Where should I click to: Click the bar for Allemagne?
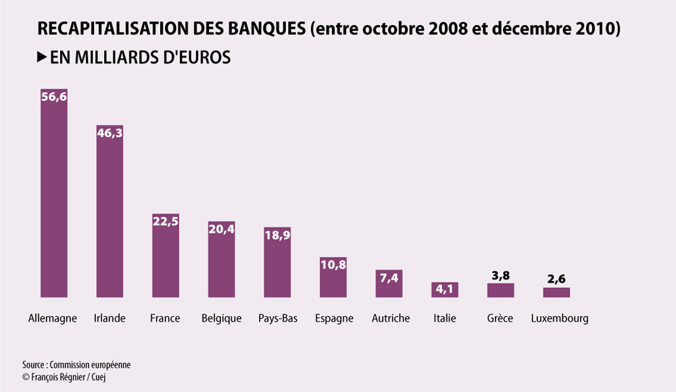pos(54,193)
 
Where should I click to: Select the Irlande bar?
pos(110,211)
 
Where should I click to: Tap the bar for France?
pos(166,255)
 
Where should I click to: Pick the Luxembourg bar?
pos(556,292)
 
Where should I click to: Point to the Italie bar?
pos(445,290)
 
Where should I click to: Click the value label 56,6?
pos(54,97)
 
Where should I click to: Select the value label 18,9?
pos(277,236)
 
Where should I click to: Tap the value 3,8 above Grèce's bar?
pos(500,276)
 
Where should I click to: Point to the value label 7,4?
pos(389,278)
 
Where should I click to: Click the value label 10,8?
pos(333,265)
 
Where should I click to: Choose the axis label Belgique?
pos(222,319)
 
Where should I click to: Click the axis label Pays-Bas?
pos(278,319)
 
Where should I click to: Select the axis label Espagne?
pos(334,319)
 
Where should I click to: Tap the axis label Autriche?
pos(391,318)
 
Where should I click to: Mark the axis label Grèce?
pos(500,318)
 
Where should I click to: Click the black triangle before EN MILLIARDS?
pos(42,57)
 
